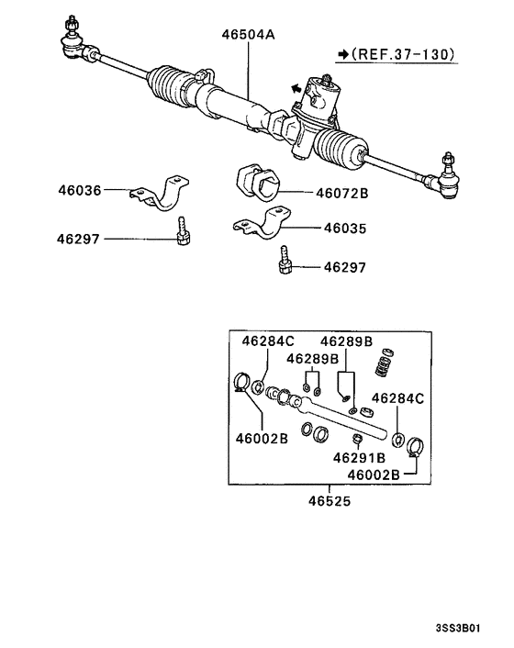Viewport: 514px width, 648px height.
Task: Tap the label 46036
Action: pyautogui.click(x=79, y=191)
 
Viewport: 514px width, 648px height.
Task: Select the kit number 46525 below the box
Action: pyautogui.click(x=330, y=503)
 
